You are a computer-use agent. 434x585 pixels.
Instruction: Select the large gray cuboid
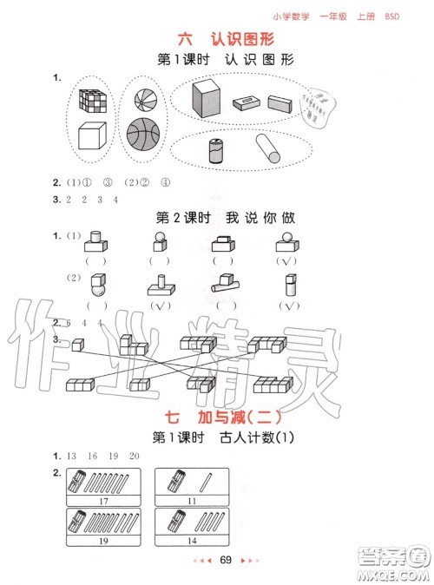coord(207,96)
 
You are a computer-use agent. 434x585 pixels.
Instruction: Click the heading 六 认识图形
coord(216,39)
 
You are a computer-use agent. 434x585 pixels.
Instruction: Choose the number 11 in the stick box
coord(192,501)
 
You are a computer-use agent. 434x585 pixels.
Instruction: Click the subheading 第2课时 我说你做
coord(217,215)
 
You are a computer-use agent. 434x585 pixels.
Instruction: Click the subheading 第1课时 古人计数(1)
coord(217,437)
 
